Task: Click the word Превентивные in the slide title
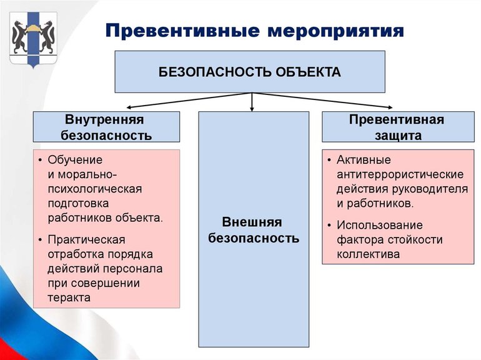point(179,30)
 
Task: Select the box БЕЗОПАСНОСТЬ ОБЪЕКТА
point(250,72)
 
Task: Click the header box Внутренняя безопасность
point(106,127)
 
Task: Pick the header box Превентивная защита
point(397,127)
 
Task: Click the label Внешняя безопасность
point(253,230)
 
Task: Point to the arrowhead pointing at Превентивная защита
point(388,108)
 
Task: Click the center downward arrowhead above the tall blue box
point(252,107)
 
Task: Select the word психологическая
point(96,189)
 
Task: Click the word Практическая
point(86,240)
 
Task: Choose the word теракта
point(69,297)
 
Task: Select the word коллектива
point(368,254)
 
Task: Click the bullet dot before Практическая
point(40,240)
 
